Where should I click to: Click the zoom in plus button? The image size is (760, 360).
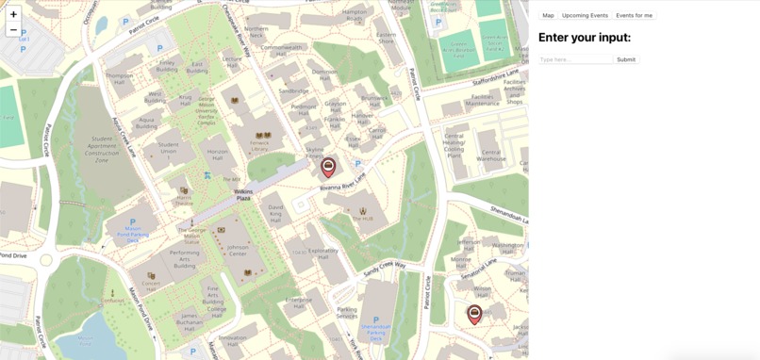pos(13,14)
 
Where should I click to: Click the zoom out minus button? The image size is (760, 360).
pos(13,30)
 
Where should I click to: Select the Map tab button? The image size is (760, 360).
pos(548,15)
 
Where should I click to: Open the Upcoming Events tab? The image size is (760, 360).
pos(585,15)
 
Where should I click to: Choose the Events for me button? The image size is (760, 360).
pos(634,15)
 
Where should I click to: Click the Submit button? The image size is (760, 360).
pos(626,59)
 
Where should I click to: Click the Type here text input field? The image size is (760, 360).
pos(575,59)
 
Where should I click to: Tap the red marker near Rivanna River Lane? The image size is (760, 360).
pos(328,167)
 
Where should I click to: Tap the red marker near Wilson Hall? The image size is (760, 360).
pos(474,313)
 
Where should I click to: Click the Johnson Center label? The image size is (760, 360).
pos(238,250)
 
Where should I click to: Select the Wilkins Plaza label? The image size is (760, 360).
pos(242,195)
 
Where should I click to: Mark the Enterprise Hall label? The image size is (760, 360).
pos(299,303)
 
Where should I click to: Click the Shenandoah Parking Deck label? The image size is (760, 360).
pos(375,331)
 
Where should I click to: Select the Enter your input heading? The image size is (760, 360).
pos(584,38)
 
